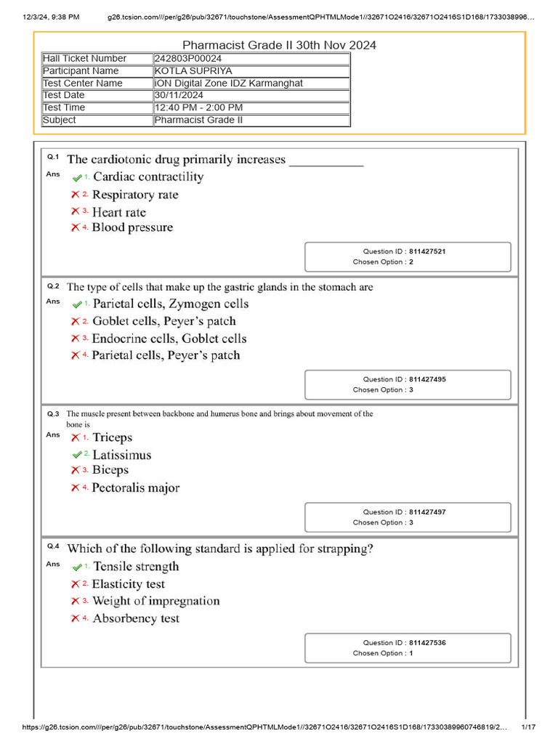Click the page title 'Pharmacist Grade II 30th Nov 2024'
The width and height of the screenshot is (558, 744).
[x=279, y=45]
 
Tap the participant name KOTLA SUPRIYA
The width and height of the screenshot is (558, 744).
[x=193, y=71]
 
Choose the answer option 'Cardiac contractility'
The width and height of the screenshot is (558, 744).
[x=148, y=177]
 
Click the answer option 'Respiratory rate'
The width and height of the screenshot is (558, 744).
[x=135, y=195]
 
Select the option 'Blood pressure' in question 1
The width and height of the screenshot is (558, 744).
[x=132, y=227]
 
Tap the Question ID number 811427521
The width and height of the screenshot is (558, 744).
[x=427, y=251]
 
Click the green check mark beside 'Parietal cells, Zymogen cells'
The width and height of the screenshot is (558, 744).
[x=76, y=304]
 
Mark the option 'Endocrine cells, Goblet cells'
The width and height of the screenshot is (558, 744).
[x=169, y=339]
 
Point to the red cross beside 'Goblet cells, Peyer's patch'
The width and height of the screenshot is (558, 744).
[x=75, y=321]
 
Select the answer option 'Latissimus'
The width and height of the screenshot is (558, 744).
[x=122, y=455]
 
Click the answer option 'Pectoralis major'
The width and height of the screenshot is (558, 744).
[x=136, y=488]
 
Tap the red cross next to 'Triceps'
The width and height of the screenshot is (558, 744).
[x=75, y=437]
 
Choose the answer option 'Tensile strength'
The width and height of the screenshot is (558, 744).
[x=136, y=567]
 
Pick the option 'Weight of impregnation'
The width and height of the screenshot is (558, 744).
[x=155, y=601]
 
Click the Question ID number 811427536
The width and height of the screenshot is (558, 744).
[x=427, y=643]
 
